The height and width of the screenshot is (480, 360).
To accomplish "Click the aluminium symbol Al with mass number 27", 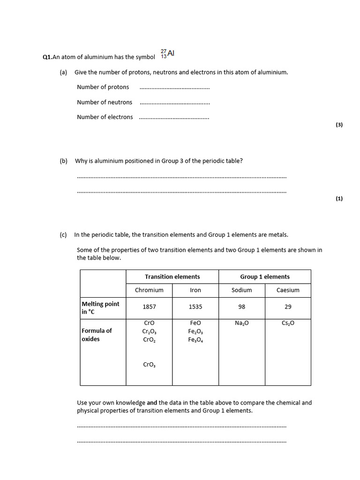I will click(168, 54).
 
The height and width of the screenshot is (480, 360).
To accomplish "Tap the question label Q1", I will click(47, 57).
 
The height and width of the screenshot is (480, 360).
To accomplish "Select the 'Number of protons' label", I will click(103, 87).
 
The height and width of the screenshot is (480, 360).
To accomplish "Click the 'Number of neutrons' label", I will click(105, 102).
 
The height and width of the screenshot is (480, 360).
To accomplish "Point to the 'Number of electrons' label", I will click(105, 117).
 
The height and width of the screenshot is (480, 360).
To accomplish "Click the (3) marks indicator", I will click(339, 125).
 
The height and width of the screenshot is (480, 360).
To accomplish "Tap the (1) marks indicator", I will click(339, 198).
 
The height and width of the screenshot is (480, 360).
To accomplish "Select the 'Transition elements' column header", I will click(172, 277).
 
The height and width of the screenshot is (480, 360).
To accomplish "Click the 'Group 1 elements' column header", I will click(265, 277).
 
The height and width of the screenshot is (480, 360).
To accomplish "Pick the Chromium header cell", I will click(149, 290).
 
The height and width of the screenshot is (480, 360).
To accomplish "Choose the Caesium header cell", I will click(288, 290).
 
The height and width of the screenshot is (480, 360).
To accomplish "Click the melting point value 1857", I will click(149, 307).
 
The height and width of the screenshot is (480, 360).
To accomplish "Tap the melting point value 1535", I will click(195, 307).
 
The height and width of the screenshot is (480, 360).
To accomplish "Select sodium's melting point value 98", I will click(242, 307).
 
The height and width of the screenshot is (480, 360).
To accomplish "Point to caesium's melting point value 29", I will click(288, 307).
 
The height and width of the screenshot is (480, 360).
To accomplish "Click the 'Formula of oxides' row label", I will click(97, 335).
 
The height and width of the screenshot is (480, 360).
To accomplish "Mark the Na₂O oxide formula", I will click(242, 323).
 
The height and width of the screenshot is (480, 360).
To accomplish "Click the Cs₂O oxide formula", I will click(288, 323).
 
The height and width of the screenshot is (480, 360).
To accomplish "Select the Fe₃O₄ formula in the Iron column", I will click(195, 340).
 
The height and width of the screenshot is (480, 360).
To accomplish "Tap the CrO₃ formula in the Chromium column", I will click(149, 364).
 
